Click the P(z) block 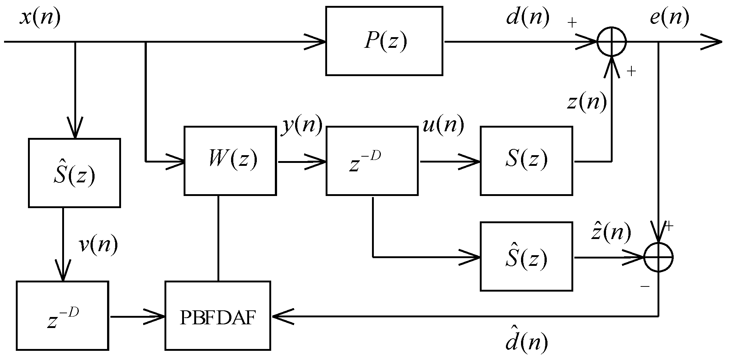click(384, 41)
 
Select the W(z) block click(230, 160)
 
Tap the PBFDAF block click(218, 315)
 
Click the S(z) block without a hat click(526, 160)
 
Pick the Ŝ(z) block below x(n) click(74, 173)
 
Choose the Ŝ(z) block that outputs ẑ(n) click(526, 256)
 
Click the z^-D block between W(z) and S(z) click(372, 160)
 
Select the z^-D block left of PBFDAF click(63, 315)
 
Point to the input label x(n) click(40, 18)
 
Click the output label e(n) click(669, 18)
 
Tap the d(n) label click(528, 18)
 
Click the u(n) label click(443, 125)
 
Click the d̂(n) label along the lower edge click(526, 342)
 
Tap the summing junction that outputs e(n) click(611, 42)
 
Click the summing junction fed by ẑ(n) click(658, 257)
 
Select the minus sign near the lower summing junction click(645, 286)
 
